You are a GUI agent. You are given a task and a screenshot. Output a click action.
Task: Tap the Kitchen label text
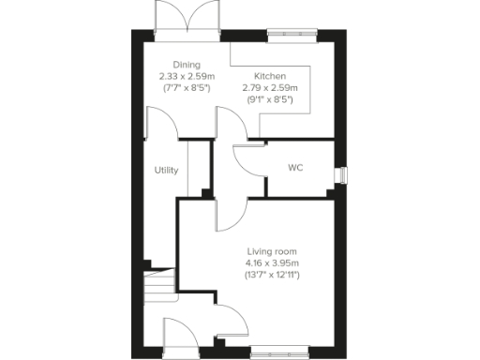point(270,76)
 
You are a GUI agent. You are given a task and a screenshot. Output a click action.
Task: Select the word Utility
point(167,171)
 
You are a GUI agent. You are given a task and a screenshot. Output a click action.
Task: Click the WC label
point(295,169)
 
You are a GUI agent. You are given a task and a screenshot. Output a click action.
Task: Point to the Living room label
point(272,252)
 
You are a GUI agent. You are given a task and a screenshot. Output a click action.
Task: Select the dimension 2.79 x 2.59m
point(270,87)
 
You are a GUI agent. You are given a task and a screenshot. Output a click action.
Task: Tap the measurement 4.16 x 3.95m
point(272,263)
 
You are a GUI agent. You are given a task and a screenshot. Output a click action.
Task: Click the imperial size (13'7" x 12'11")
point(272,276)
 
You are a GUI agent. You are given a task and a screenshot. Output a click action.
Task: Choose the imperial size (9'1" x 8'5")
point(270,99)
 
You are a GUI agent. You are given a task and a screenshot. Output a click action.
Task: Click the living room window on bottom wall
point(279,353)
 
